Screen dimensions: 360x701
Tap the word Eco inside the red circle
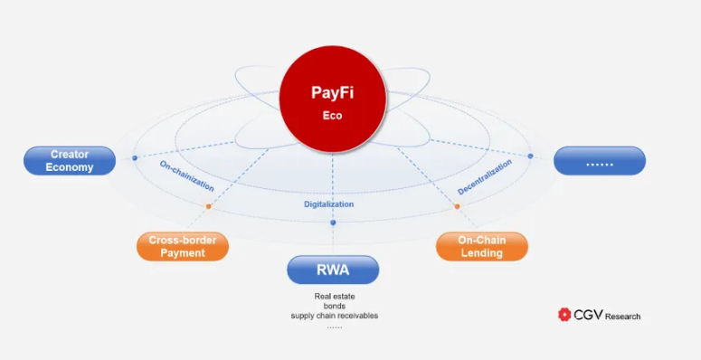coord(333,116)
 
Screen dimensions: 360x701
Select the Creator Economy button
coord(70,161)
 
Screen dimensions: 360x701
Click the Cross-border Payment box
coord(183,247)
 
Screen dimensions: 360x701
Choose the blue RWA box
coord(333,270)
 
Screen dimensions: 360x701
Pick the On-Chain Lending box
coord(481,247)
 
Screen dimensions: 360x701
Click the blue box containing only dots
coord(600,161)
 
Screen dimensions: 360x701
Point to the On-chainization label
coord(187,176)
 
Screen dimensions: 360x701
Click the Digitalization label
coord(329,204)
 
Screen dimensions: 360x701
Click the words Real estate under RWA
coord(334,296)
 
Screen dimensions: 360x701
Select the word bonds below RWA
coord(334,306)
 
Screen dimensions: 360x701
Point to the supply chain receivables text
coord(334,316)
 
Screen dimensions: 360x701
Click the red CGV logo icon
coord(565,315)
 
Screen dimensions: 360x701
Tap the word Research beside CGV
coord(623,317)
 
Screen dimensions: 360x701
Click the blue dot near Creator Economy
coord(135,158)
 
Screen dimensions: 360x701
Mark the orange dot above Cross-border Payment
coord(208,207)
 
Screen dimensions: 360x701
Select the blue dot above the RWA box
coord(333,223)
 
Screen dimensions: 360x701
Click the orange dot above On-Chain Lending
coord(457,206)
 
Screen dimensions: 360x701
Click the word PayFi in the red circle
coord(333,92)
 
